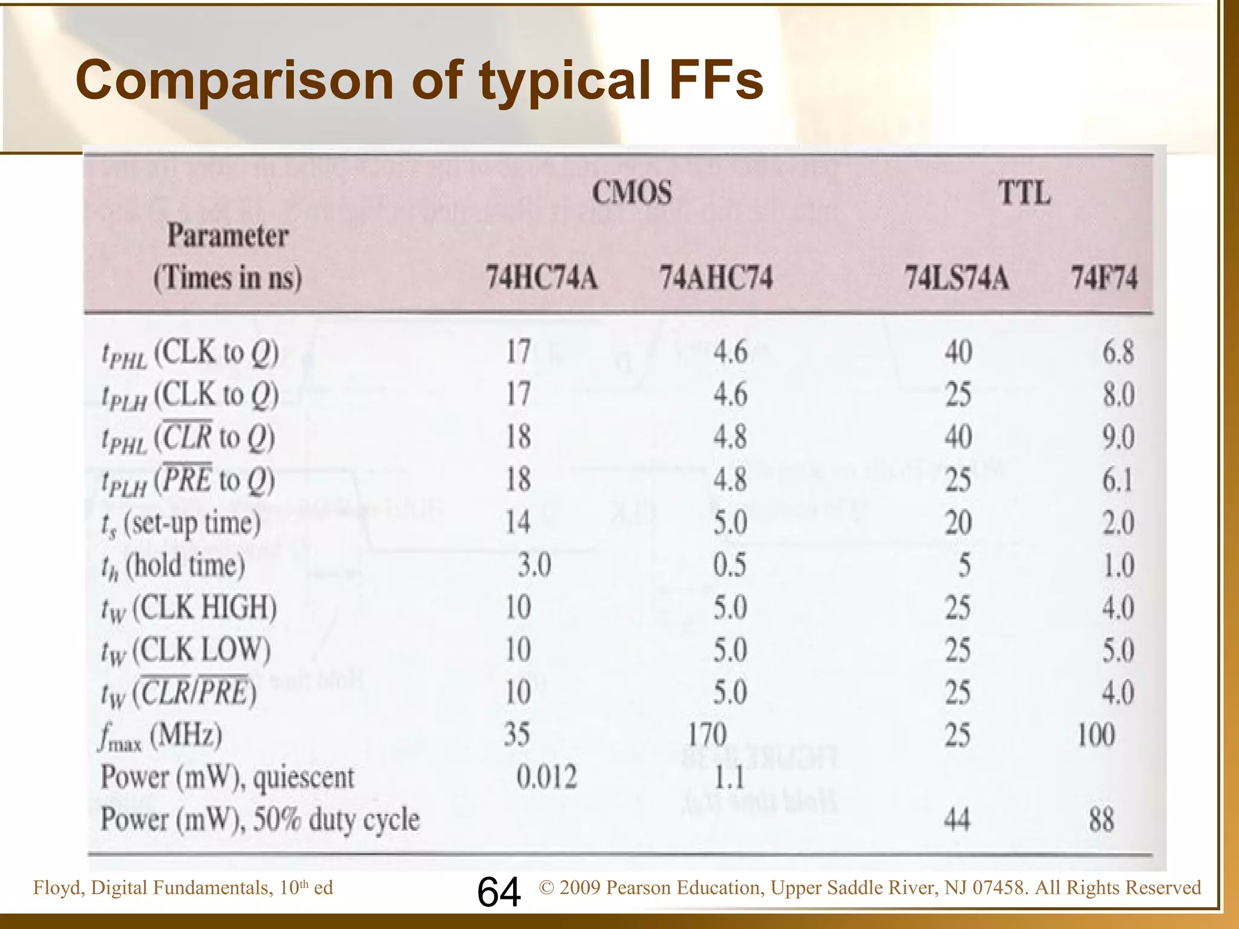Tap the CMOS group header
[x=632, y=193]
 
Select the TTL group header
[x=1024, y=194]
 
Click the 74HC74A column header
[x=541, y=278]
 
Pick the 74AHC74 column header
[x=716, y=278]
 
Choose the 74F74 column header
[x=1104, y=278]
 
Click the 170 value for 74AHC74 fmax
[x=707, y=735]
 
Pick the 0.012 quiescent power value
[x=546, y=777]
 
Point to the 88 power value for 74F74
[x=1101, y=820]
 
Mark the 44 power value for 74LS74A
[x=956, y=820]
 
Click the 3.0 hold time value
[x=534, y=566]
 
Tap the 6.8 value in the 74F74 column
[x=1117, y=352]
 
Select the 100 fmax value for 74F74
[x=1096, y=735]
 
